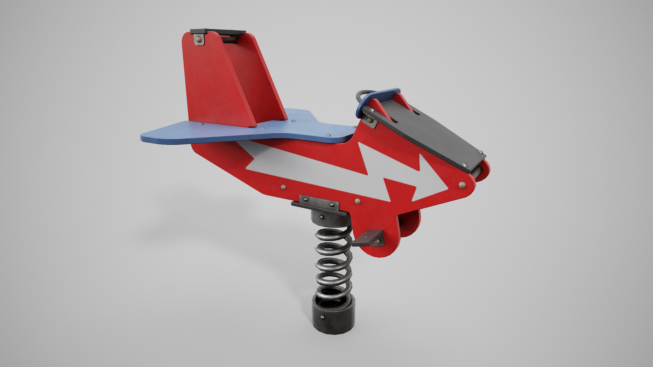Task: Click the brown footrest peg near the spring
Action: (367, 238)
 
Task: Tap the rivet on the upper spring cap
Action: (322, 217)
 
